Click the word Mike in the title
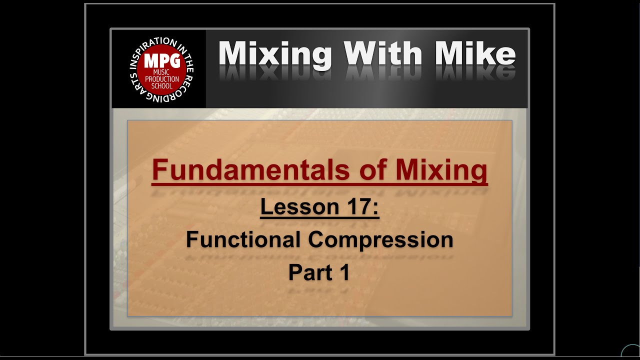(x=473, y=54)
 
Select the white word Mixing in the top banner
(x=275, y=54)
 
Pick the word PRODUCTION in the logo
(x=161, y=79)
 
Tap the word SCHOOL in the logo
(x=161, y=85)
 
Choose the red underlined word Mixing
(x=441, y=170)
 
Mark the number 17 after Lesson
(x=358, y=206)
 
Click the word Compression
(x=380, y=240)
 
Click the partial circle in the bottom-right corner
(x=631, y=352)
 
